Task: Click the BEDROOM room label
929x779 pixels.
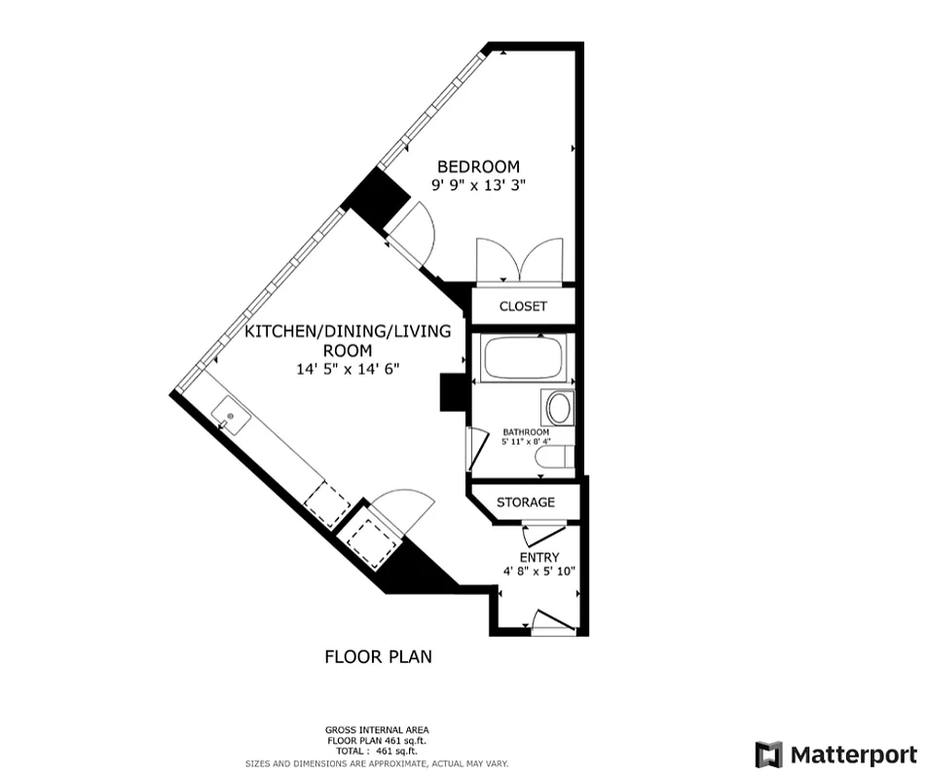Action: [x=478, y=167]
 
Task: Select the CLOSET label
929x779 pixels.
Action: [x=523, y=306]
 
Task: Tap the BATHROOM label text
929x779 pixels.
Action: [x=526, y=432]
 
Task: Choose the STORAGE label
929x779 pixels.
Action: [x=526, y=502]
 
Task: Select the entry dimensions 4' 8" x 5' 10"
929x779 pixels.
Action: [x=539, y=572]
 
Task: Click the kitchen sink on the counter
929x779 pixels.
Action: [x=231, y=416]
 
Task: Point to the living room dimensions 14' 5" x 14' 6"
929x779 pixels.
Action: [x=348, y=369]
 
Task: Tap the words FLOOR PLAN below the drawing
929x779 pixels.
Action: [x=378, y=656]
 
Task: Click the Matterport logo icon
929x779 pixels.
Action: [x=768, y=755]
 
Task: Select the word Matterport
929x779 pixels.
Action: [x=853, y=755]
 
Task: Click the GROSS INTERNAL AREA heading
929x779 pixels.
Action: [x=377, y=730]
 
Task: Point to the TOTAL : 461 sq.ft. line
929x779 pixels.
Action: [x=377, y=751]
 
